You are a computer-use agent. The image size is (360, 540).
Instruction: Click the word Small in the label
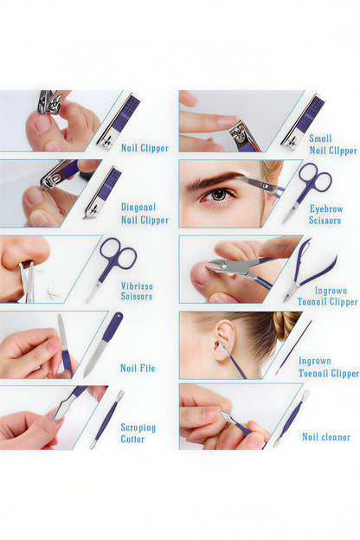tap(320, 138)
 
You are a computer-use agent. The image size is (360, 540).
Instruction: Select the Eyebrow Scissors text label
tap(325, 215)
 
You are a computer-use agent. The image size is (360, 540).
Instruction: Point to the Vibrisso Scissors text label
tap(137, 290)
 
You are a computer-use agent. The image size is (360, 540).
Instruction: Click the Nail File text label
tap(138, 368)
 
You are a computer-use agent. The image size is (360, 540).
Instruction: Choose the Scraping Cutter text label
tap(138, 433)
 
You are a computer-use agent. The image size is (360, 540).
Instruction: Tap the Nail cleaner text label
tap(326, 437)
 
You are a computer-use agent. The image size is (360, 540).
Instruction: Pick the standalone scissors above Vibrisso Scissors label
tap(112, 264)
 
